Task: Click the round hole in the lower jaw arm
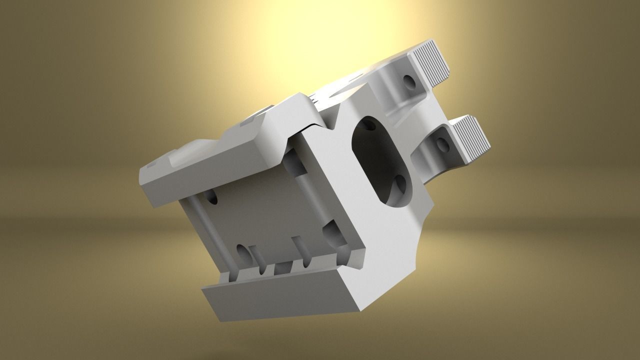coord(442,145)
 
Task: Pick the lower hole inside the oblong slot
coord(399,186)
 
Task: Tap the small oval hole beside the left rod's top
coord(212,197)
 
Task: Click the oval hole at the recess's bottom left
coord(242,252)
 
